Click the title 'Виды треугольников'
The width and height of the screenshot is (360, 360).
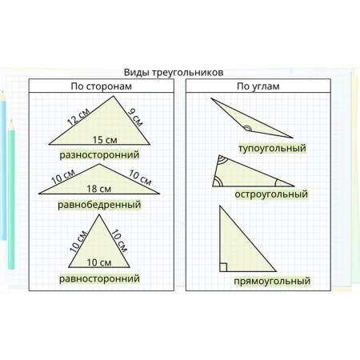174,73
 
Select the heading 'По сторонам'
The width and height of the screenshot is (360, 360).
102,86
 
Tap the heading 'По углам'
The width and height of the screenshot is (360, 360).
258,86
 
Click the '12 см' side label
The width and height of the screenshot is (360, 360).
78,117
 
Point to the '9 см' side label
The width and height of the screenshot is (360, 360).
135,117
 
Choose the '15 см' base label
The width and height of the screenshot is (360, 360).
105,140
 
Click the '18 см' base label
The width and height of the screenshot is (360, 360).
99,189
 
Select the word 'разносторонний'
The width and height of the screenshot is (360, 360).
99,155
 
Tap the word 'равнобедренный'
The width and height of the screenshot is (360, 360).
99,205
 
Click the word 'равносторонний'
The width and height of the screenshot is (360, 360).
99,278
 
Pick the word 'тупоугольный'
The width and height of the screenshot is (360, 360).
272,148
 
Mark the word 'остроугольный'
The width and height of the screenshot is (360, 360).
271,194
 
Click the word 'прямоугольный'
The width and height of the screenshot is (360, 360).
272,282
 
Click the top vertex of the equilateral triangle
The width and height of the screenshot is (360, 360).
99,214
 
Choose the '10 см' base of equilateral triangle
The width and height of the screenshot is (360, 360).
99,262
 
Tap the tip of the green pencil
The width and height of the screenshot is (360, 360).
11,120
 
